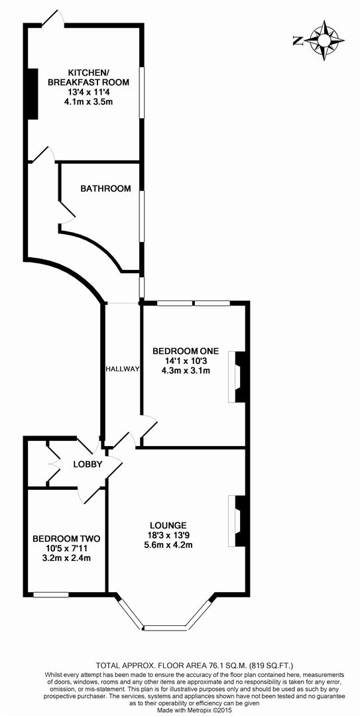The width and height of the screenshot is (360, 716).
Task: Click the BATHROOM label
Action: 105,189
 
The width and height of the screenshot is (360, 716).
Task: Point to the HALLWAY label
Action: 122,369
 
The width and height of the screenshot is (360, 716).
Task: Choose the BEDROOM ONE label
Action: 185,351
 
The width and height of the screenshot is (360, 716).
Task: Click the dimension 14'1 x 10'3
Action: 186,361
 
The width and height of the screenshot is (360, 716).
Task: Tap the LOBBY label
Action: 88,465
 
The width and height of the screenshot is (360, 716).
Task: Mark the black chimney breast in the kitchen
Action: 30,93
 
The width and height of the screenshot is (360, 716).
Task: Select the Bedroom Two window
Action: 50,594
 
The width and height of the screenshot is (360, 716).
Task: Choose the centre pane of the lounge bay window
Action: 165,627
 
